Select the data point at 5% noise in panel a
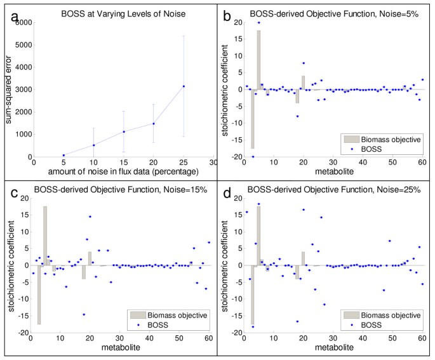pyautogui.click(x=64, y=155)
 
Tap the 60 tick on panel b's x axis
pyautogui.click(x=420, y=164)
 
